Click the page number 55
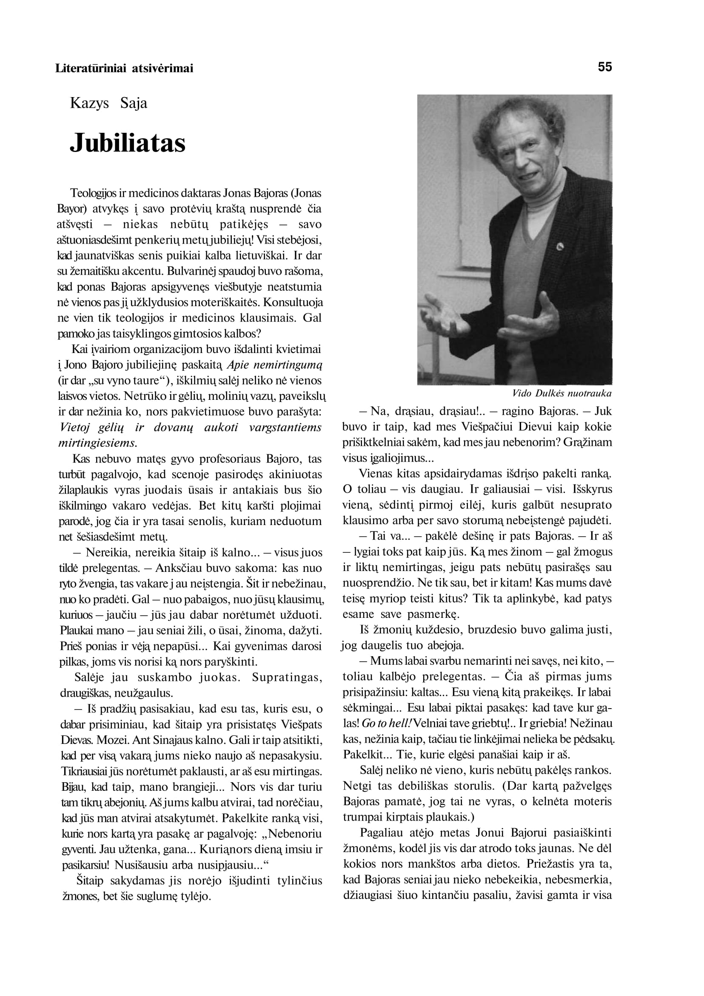[x=605, y=67]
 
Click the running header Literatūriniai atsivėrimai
[x=124, y=68]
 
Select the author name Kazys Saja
[x=108, y=103]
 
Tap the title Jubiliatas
[x=128, y=143]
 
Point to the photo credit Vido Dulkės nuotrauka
[x=562, y=393]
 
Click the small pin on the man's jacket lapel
[x=560, y=247]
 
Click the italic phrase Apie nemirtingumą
[x=274, y=365]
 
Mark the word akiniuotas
[x=295, y=474]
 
